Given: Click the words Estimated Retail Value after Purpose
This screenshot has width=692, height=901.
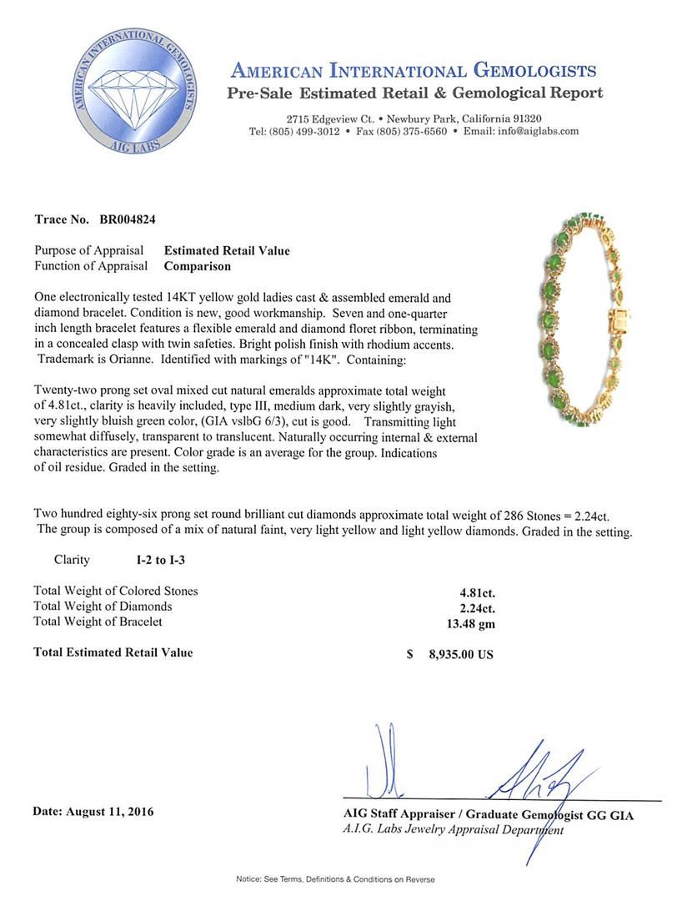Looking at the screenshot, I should pos(227,250).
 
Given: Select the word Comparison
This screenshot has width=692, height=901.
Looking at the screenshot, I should pos(197,266).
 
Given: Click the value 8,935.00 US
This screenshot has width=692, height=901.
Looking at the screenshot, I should pos(461,654).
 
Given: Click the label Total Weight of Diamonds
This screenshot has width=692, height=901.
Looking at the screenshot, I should pos(103,607).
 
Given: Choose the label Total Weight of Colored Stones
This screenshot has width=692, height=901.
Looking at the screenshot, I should pos(116,591).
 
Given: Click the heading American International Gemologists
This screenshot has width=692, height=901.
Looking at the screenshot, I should pos(413,70).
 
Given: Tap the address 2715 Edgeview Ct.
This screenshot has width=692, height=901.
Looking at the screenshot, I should pos(329,118).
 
